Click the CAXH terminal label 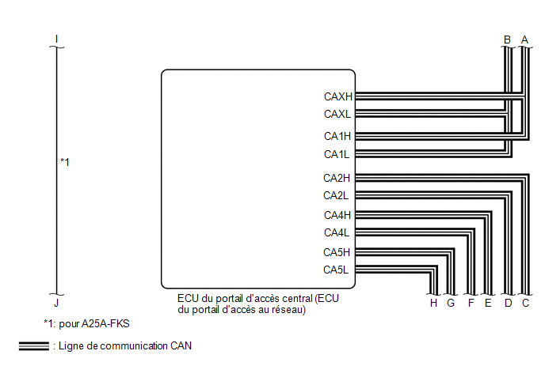point(337,96)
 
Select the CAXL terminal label point(337,114)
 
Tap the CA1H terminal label point(337,136)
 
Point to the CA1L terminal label point(337,154)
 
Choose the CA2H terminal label point(337,178)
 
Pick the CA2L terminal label point(336,196)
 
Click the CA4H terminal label point(337,216)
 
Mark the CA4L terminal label point(337,232)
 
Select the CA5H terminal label point(337,252)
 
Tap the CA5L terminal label point(336,270)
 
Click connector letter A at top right point(524,40)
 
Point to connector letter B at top point(507,40)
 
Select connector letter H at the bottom point(433,304)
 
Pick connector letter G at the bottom point(451,304)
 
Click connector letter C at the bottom point(525,304)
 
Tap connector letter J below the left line point(56,304)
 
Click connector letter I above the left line point(56,39)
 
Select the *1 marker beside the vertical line point(65,162)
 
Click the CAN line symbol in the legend point(34,346)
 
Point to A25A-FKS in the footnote point(105,323)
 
